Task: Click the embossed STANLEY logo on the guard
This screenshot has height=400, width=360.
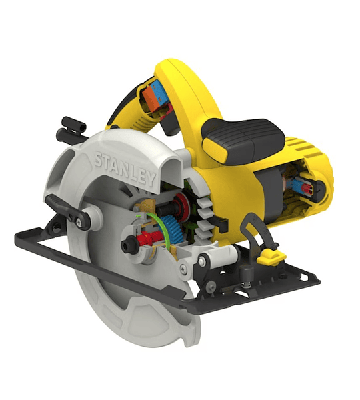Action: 125,169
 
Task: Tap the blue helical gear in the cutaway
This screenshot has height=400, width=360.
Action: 173,229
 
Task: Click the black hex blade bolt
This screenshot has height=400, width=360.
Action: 129,245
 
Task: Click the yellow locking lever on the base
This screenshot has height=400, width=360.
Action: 271,257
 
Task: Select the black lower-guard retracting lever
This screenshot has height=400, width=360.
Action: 67,212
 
